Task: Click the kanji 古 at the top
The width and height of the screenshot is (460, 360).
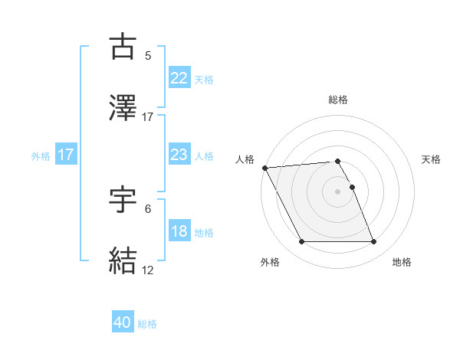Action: pos(123,47)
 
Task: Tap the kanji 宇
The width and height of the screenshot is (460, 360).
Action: pos(123,200)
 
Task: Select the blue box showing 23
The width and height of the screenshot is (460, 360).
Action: pos(179,154)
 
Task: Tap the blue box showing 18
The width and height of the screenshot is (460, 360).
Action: pos(179,231)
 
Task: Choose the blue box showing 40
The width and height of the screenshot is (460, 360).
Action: pos(123,322)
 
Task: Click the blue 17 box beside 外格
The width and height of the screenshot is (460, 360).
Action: pos(66,154)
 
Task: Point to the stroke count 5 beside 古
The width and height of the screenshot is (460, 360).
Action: pos(148,56)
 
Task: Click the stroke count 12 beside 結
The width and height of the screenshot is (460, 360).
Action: pos(148,270)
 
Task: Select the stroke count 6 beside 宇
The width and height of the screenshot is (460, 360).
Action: pos(148,209)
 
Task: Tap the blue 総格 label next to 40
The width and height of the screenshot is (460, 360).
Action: pos(147,324)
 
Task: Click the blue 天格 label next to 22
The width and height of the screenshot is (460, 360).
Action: pos(204,79)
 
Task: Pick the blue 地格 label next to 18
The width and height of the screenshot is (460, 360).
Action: pos(204,233)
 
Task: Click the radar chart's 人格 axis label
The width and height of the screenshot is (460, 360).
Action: pos(244,159)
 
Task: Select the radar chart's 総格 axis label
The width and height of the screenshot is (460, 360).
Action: pos(338,100)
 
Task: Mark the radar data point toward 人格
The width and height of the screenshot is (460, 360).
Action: pos(264,168)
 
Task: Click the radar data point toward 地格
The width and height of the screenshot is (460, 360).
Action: pos(373,242)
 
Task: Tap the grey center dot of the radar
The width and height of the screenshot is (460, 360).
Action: pos(338,191)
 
